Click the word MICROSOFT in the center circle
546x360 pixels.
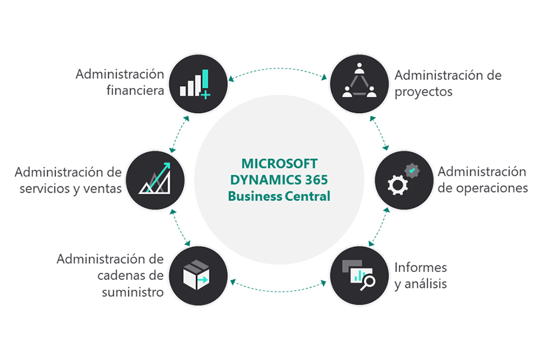[279, 164]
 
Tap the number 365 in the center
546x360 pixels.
[316, 180]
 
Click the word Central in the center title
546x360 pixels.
[307, 196]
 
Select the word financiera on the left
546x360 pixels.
[135, 91]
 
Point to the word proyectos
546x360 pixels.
[423, 92]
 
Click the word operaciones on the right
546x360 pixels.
[492, 188]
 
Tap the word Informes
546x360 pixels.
[421, 267]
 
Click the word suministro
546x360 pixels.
[133, 292]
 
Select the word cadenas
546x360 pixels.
[122, 276]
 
